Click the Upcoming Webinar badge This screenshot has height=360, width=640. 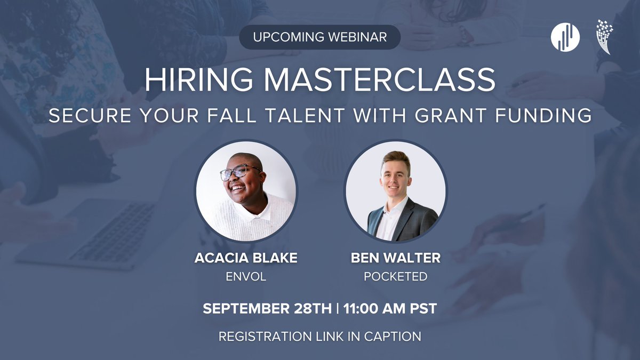point(320,37)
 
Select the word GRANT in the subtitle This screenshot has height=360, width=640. point(475,116)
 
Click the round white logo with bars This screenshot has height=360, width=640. point(565,37)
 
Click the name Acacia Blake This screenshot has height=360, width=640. point(246,259)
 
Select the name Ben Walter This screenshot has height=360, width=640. point(395,259)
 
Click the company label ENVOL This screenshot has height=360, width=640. point(246,276)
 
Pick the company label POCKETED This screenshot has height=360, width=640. point(395,276)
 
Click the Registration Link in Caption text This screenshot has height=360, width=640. point(320,337)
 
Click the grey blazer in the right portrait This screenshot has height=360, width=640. point(421,219)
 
